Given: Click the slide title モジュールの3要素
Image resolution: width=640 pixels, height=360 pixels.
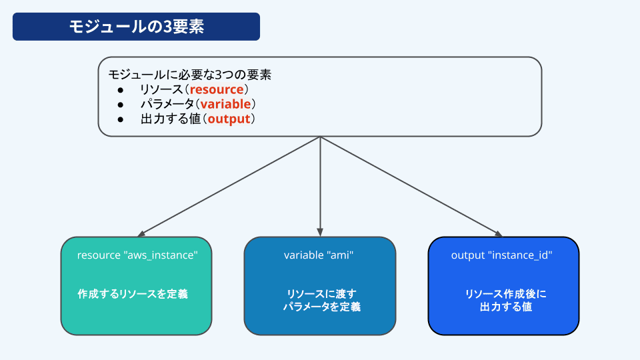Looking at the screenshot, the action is [x=136, y=27].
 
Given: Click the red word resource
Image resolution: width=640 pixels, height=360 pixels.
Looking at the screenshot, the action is [x=216, y=89].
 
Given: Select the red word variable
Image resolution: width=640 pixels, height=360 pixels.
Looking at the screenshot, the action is [x=225, y=104].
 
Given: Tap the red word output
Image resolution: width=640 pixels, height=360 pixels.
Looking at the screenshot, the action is [x=229, y=119].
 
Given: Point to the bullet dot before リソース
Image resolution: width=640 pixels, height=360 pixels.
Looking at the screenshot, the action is [x=121, y=90].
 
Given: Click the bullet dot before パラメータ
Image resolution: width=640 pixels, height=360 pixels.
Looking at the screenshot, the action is [x=121, y=105].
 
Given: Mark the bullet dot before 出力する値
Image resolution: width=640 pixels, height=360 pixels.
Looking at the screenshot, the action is [x=121, y=119].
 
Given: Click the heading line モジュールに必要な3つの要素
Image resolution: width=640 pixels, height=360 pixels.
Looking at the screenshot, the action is [x=190, y=75].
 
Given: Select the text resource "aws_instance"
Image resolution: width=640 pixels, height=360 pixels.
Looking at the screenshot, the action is [x=137, y=255].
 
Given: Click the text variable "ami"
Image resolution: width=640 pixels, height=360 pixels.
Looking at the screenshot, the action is [x=319, y=255].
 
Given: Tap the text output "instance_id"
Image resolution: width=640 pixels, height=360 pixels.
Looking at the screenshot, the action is [x=501, y=255].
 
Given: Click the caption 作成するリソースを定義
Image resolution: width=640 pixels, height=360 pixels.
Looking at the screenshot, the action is [x=133, y=294].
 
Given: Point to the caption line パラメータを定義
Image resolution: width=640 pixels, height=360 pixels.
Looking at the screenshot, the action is [x=322, y=307].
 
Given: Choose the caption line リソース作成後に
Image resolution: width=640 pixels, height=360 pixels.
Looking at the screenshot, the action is [x=506, y=294].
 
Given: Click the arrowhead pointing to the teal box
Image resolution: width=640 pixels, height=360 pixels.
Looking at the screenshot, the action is [x=141, y=234].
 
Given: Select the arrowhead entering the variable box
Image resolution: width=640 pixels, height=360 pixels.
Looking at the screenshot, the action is [x=320, y=233].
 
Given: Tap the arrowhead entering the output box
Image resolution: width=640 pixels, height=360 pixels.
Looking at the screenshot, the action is [x=499, y=234].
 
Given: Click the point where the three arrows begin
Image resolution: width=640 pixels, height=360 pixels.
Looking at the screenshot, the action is [x=321, y=137].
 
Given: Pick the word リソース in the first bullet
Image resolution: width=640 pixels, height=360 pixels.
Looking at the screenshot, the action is [x=161, y=89].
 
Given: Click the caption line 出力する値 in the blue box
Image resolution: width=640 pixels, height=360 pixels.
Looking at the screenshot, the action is [x=506, y=307].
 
